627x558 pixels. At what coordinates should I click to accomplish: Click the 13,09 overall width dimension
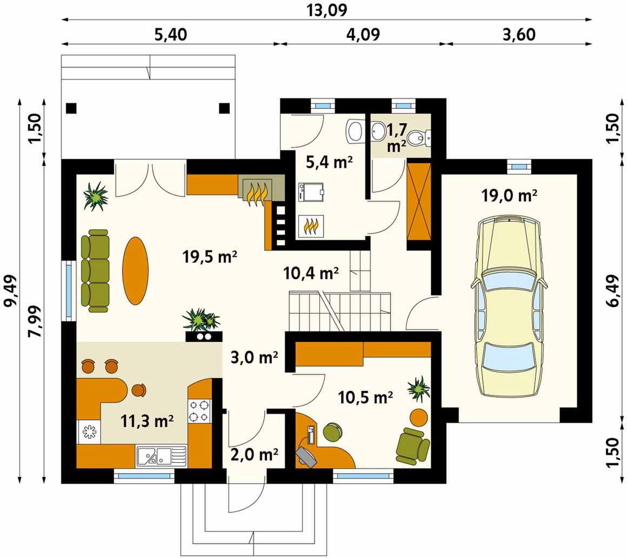click(x=326, y=10)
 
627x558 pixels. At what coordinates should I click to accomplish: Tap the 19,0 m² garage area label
click(x=509, y=196)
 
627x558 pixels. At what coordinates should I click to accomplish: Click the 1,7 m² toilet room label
click(x=397, y=137)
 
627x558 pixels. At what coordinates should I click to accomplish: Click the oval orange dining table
click(x=135, y=271)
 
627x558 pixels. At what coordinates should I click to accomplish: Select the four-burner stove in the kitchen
click(x=199, y=410)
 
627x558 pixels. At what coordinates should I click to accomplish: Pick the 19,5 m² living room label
click(x=210, y=256)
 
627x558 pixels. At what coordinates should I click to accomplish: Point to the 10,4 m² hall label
click(x=311, y=273)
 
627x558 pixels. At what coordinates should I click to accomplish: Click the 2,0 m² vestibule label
click(x=255, y=454)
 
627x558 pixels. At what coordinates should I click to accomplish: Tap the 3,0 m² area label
click(x=255, y=357)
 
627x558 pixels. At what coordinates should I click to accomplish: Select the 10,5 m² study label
click(x=365, y=397)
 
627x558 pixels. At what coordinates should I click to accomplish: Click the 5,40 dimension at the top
click(x=170, y=35)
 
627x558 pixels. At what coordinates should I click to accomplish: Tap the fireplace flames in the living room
click(x=257, y=194)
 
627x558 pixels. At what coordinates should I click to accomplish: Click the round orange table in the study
click(x=419, y=417)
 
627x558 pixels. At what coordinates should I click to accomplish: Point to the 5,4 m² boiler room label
click(x=329, y=162)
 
